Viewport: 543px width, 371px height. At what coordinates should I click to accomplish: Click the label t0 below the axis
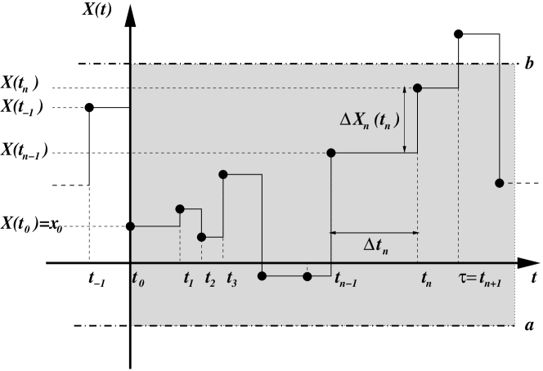137,278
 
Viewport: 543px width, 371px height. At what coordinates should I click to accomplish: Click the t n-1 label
347,279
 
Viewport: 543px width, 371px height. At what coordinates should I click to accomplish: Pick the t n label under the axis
427,279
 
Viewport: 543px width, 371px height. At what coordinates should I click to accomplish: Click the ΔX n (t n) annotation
370,121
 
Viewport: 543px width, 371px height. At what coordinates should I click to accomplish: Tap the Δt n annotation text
376,245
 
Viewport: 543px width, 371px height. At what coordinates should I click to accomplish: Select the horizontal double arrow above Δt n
374,233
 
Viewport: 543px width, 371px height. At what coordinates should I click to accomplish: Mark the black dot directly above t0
132,226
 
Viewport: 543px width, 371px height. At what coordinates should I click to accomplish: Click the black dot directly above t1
180,209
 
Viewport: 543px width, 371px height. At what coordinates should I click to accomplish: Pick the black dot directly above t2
201,237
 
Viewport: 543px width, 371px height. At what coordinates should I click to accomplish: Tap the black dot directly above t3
222,174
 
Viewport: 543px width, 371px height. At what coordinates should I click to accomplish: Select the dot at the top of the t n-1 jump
331,153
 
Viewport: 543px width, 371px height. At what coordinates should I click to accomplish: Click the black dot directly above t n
417,87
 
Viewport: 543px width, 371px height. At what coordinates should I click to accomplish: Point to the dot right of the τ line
499,182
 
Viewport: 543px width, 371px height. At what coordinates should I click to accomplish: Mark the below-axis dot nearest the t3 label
262,276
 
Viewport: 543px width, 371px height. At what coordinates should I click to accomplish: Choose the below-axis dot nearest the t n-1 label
307,276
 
